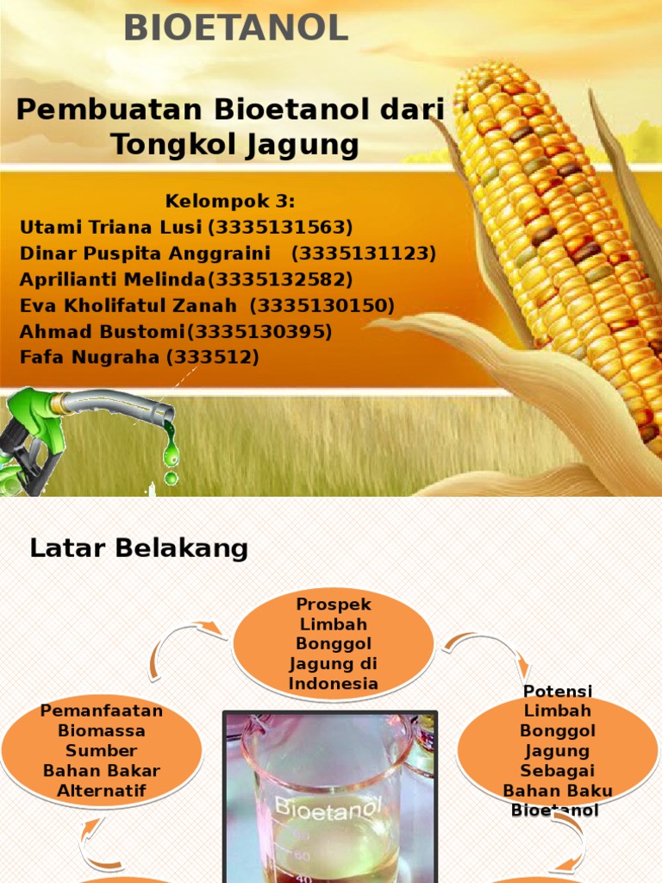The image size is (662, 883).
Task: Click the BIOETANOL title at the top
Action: tap(235, 28)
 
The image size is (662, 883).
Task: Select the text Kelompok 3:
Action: tap(230, 202)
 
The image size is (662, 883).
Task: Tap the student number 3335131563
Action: tap(280, 228)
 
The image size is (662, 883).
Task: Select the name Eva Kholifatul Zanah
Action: tap(128, 305)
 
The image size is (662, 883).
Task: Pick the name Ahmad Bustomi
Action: tap(102, 331)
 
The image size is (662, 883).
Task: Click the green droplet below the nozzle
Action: tap(171, 477)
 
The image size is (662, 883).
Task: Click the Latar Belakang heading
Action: tap(139, 548)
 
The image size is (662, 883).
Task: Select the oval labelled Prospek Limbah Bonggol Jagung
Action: tap(334, 643)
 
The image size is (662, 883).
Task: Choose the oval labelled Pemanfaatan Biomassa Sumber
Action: tap(102, 749)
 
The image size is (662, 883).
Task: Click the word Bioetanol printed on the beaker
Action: tap(327, 810)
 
